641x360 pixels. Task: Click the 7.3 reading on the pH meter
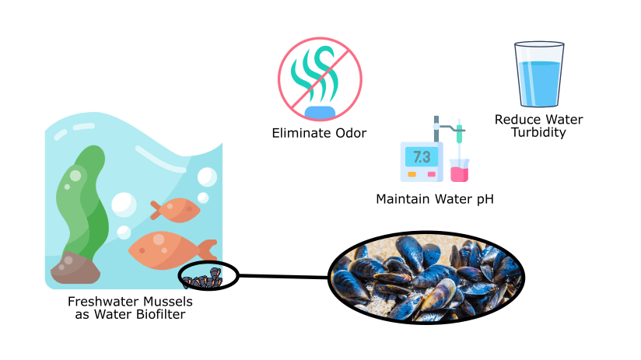[x=421, y=157]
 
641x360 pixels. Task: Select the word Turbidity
[x=538, y=133]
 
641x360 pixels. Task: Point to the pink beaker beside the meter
[x=459, y=171]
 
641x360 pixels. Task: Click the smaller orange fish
[x=177, y=209]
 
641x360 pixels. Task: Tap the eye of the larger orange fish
[x=156, y=239]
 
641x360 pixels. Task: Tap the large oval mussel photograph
[x=426, y=276]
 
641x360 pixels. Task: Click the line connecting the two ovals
[x=283, y=275]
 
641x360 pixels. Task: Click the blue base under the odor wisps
[x=319, y=112]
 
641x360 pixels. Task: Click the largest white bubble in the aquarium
[x=124, y=205]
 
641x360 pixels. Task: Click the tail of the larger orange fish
[x=207, y=250]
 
